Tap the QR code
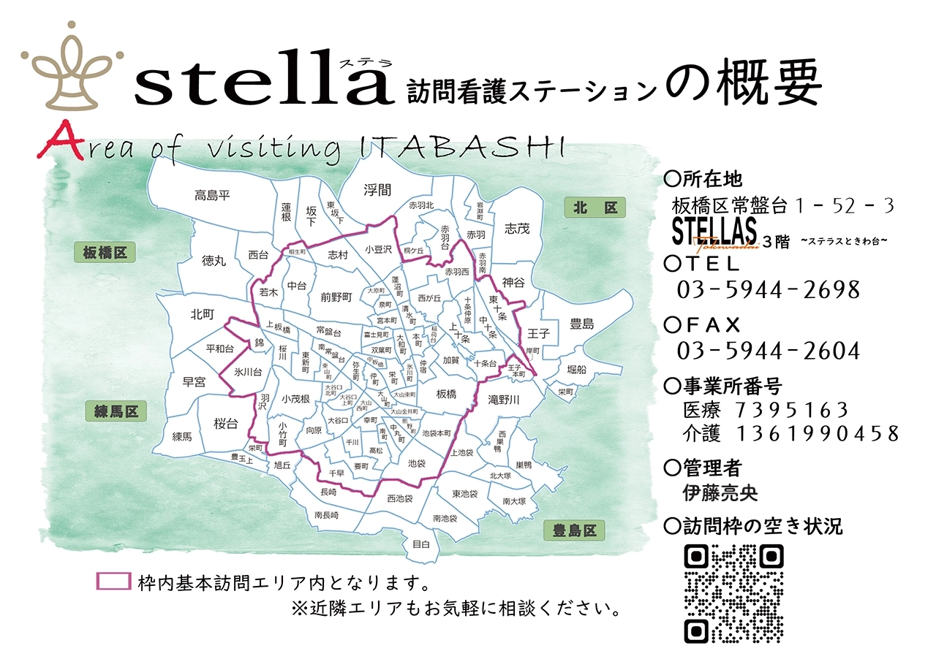[733, 594]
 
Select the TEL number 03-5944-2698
[768, 290]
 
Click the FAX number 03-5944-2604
[768, 351]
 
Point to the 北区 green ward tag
[595, 208]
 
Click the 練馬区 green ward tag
[116, 411]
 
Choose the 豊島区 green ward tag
[575, 530]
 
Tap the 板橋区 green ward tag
[105, 253]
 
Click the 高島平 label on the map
[212, 195]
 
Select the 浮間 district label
[377, 190]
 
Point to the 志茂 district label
[516, 229]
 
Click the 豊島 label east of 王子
[582, 324]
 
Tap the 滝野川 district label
[504, 400]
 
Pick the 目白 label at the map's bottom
[420, 544]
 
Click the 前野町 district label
[336, 297]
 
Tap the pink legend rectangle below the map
[113, 582]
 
